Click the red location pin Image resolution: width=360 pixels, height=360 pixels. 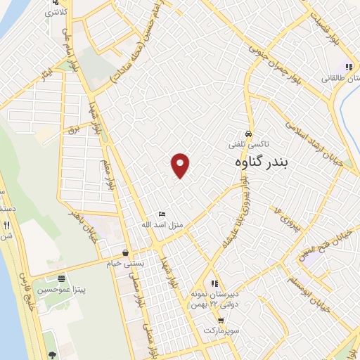[181, 165]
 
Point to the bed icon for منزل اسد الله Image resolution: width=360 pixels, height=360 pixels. [162, 214]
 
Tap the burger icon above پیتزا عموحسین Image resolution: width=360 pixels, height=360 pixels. [62, 278]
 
